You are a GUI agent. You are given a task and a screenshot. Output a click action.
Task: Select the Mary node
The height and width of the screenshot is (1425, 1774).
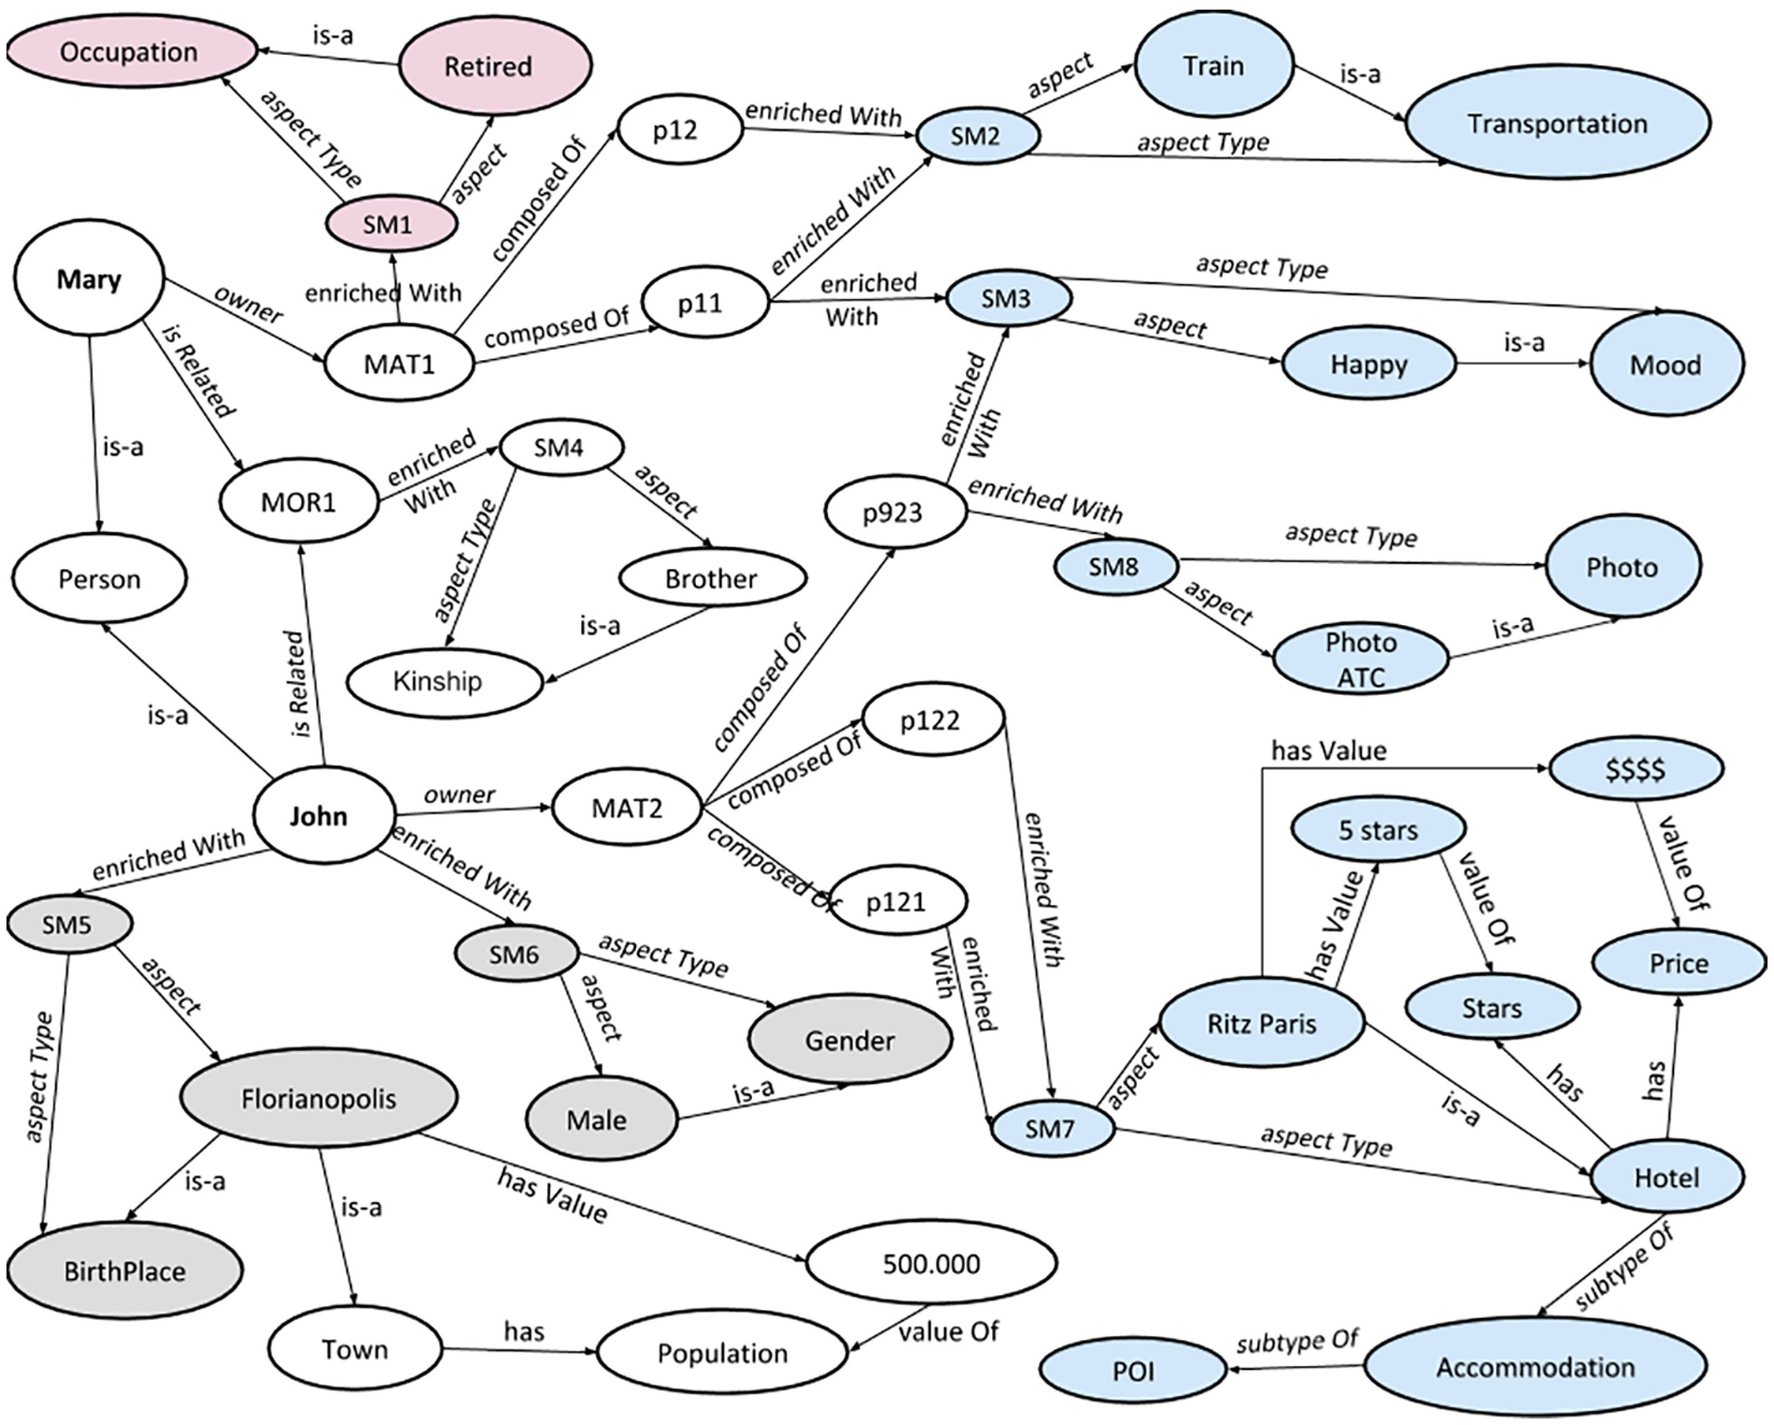click(x=88, y=279)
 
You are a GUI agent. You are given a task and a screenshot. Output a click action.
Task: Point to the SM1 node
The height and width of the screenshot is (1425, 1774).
click(x=389, y=224)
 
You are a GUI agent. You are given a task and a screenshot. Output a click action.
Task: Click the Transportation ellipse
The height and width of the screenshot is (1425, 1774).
click(x=1556, y=123)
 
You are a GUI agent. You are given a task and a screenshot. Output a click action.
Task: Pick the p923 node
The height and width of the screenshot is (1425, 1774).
click(x=895, y=512)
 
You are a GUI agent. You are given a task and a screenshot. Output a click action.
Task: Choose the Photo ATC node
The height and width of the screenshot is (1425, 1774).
click(x=1361, y=659)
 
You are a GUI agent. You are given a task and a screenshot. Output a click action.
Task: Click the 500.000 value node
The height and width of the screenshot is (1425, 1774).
click(x=931, y=1263)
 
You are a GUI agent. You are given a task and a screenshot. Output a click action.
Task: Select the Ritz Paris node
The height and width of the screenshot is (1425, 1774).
click(x=1261, y=1022)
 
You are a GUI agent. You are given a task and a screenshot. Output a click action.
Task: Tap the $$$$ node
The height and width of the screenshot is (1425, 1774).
click(x=1636, y=768)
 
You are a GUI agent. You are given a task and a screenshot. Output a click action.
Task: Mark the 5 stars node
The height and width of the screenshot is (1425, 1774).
click(x=1377, y=830)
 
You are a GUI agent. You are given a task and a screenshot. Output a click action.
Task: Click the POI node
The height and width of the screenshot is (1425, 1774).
click(x=1134, y=1371)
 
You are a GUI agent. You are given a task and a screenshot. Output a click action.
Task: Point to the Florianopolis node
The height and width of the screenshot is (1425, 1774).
click(x=318, y=1098)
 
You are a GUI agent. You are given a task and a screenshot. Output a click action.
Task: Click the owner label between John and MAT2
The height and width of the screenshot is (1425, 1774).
click(x=459, y=794)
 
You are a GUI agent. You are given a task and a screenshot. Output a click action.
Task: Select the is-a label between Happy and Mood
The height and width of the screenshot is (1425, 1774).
click(x=1523, y=342)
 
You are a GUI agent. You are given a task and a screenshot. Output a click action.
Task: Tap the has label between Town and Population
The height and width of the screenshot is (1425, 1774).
click(x=524, y=1331)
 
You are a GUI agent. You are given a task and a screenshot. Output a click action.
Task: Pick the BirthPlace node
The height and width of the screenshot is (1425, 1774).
click(x=125, y=1272)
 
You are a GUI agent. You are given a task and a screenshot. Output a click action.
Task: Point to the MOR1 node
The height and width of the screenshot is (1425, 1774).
click(x=298, y=502)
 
